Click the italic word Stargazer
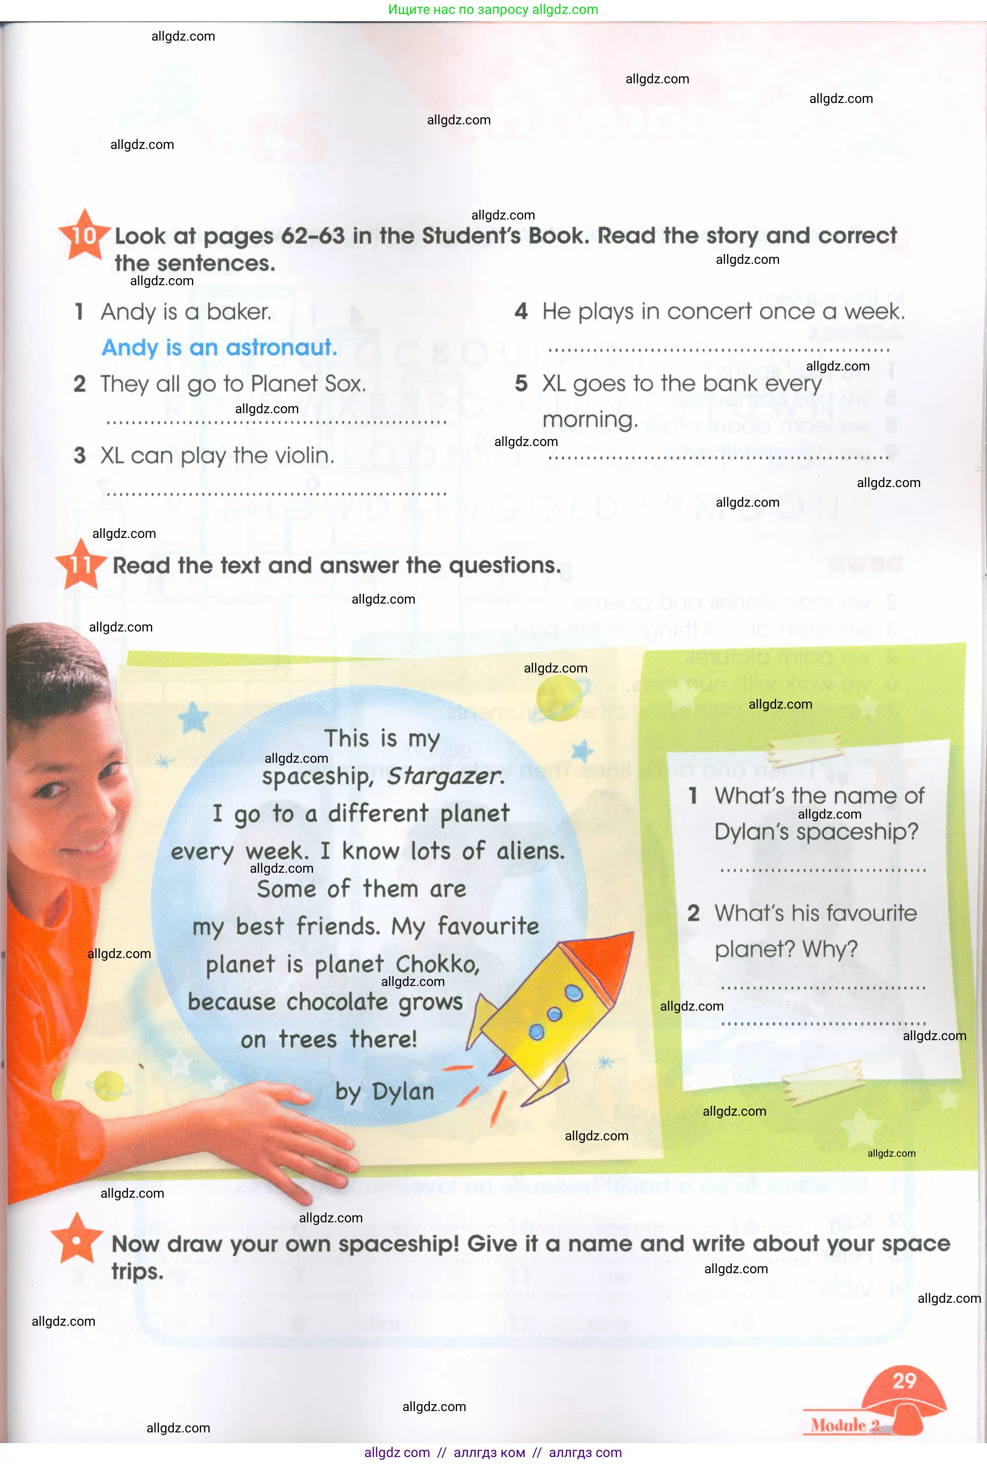[446, 776]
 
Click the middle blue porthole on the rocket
[555, 1014]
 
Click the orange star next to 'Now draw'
[77, 1240]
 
